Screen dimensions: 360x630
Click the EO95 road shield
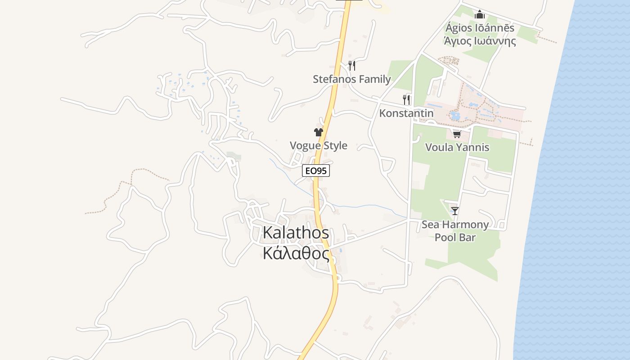[x=316, y=171]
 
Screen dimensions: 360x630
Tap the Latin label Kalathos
[x=296, y=233]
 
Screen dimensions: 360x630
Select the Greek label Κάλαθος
[x=296, y=253]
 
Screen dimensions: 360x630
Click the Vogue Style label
[x=319, y=145]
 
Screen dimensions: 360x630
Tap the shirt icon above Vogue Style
[x=319, y=132]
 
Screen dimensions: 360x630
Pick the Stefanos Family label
[x=352, y=79]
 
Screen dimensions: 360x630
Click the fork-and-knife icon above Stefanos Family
[x=352, y=66]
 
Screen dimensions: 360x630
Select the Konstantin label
[x=406, y=113]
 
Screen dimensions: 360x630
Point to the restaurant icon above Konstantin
[x=406, y=99]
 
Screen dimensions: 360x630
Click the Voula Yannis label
[x=457, y=147]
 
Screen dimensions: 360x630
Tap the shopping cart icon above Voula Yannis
[x=457, y=134]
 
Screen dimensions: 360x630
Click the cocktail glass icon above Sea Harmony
[x=455, y=211]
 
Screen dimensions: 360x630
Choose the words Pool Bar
[x=455, y=237]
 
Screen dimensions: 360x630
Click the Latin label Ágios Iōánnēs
[x=480, y=28]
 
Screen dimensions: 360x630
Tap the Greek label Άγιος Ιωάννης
[x=480, y=41]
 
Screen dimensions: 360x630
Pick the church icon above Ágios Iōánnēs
[x=480, y=15]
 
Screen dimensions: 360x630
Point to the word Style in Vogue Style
[x=334, y=145]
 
